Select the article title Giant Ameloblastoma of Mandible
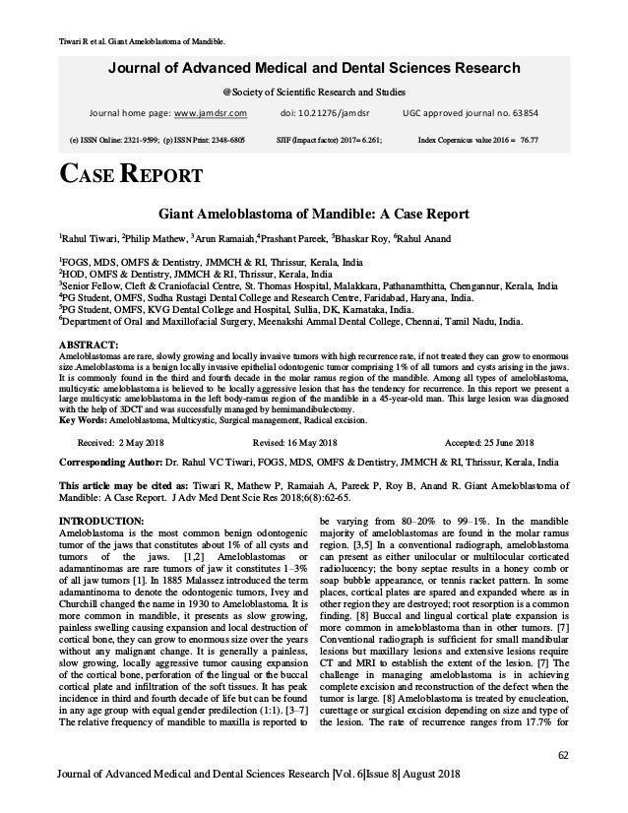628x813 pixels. [314, 215]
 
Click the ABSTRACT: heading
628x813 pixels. [90, 344]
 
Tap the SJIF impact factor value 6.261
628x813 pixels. [366, 140]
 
